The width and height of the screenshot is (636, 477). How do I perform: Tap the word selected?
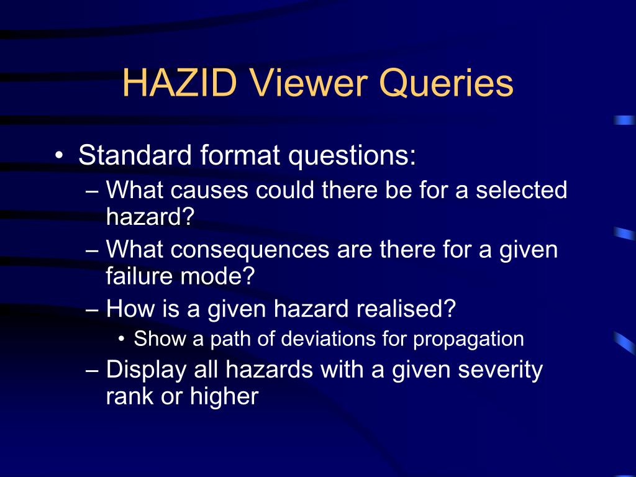(x=522, y=190)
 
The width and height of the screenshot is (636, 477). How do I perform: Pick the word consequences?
(x=252, y=250)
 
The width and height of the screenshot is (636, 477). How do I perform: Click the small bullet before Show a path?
(x=122, y=340)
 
